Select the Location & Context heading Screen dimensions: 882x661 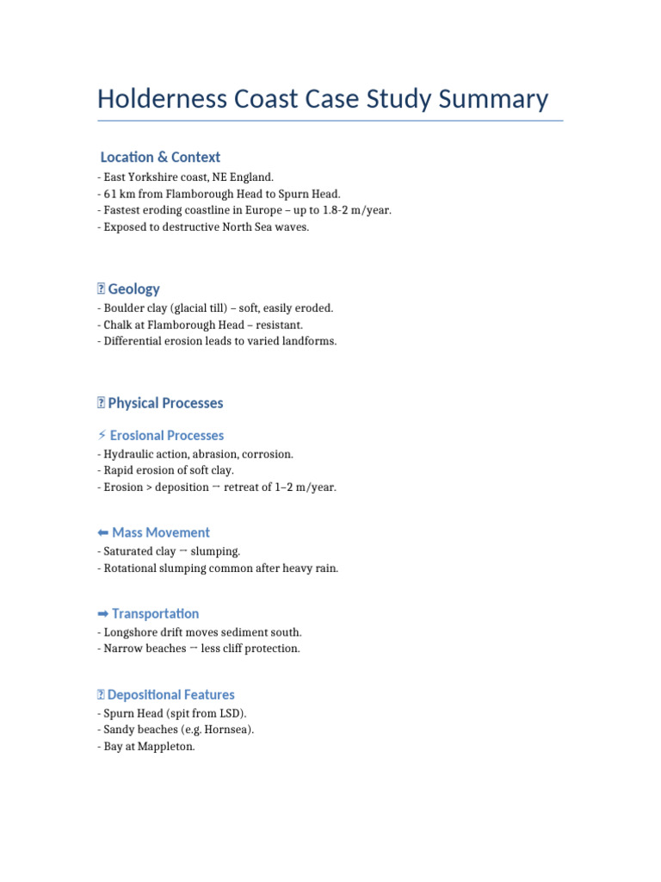[160, 157]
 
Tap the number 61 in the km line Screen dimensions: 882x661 [110, 194]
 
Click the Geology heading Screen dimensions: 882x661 [133, 289]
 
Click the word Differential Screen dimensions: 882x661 [133, 341]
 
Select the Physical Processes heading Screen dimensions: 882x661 [165, 403]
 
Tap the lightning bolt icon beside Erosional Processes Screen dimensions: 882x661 [102, 436]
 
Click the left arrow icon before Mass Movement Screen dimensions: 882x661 [102, 533]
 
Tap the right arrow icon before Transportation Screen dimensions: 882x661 [102, 614]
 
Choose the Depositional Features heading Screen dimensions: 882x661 [170, 695]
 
